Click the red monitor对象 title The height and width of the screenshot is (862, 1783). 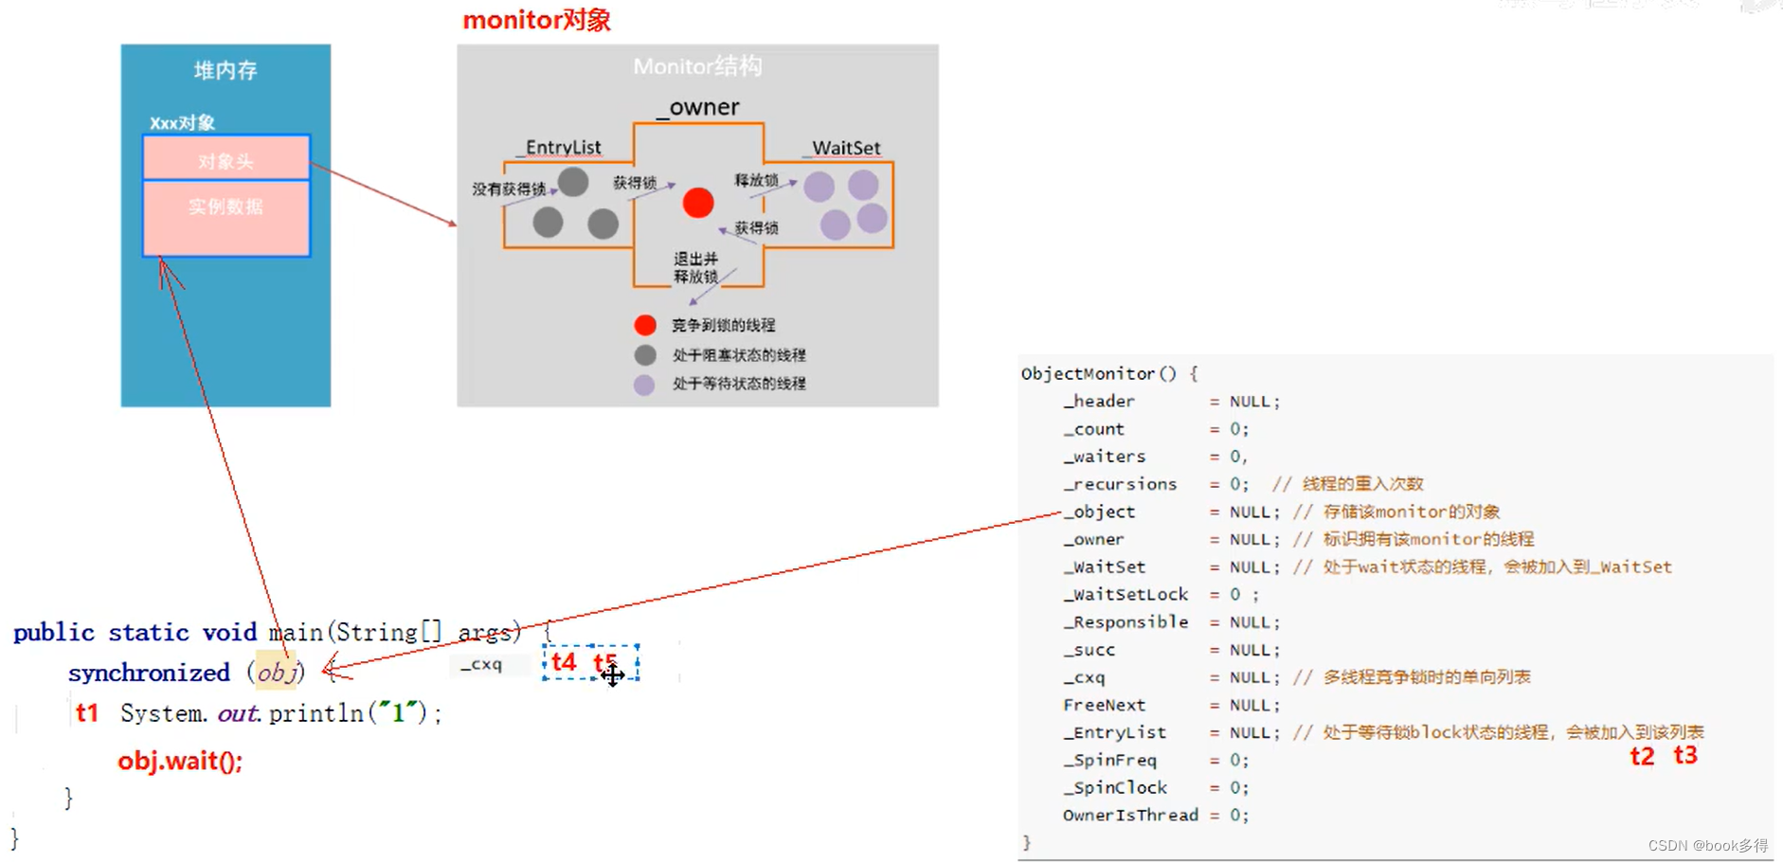click(x=536, y=20)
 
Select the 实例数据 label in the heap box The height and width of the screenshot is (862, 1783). click(x=225, y=207)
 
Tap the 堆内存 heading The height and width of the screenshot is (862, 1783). click(x=225, y=70)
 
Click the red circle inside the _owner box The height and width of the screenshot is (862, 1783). click(x=698, y=203)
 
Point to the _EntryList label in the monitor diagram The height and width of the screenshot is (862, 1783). click(x=562, y=148)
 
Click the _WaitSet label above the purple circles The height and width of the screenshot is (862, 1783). click(x=845, y=148)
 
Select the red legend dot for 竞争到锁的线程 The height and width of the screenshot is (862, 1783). click(x=645, y=325)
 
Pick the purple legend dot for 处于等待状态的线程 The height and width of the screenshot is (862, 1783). click(x=644, y=385)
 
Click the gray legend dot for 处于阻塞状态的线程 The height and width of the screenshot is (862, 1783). click(x=645, y=355)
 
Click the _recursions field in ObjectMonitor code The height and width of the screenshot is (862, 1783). click(x=1120, y=484)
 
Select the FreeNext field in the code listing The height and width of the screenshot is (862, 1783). click(x=1104, y=705)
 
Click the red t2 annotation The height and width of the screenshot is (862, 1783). click(x=1642, y=756)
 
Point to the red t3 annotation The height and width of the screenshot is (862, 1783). click(x=1685, y=755)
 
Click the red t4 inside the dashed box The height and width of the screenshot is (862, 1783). click(x=564, y=662)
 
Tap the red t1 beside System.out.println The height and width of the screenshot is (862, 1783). click(x=87, y=712)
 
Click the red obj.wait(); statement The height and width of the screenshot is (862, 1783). click(x=180, y=761)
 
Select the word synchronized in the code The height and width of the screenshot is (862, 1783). click(x=149, y=673)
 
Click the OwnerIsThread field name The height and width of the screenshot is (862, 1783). click(x=1130, y=815)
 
